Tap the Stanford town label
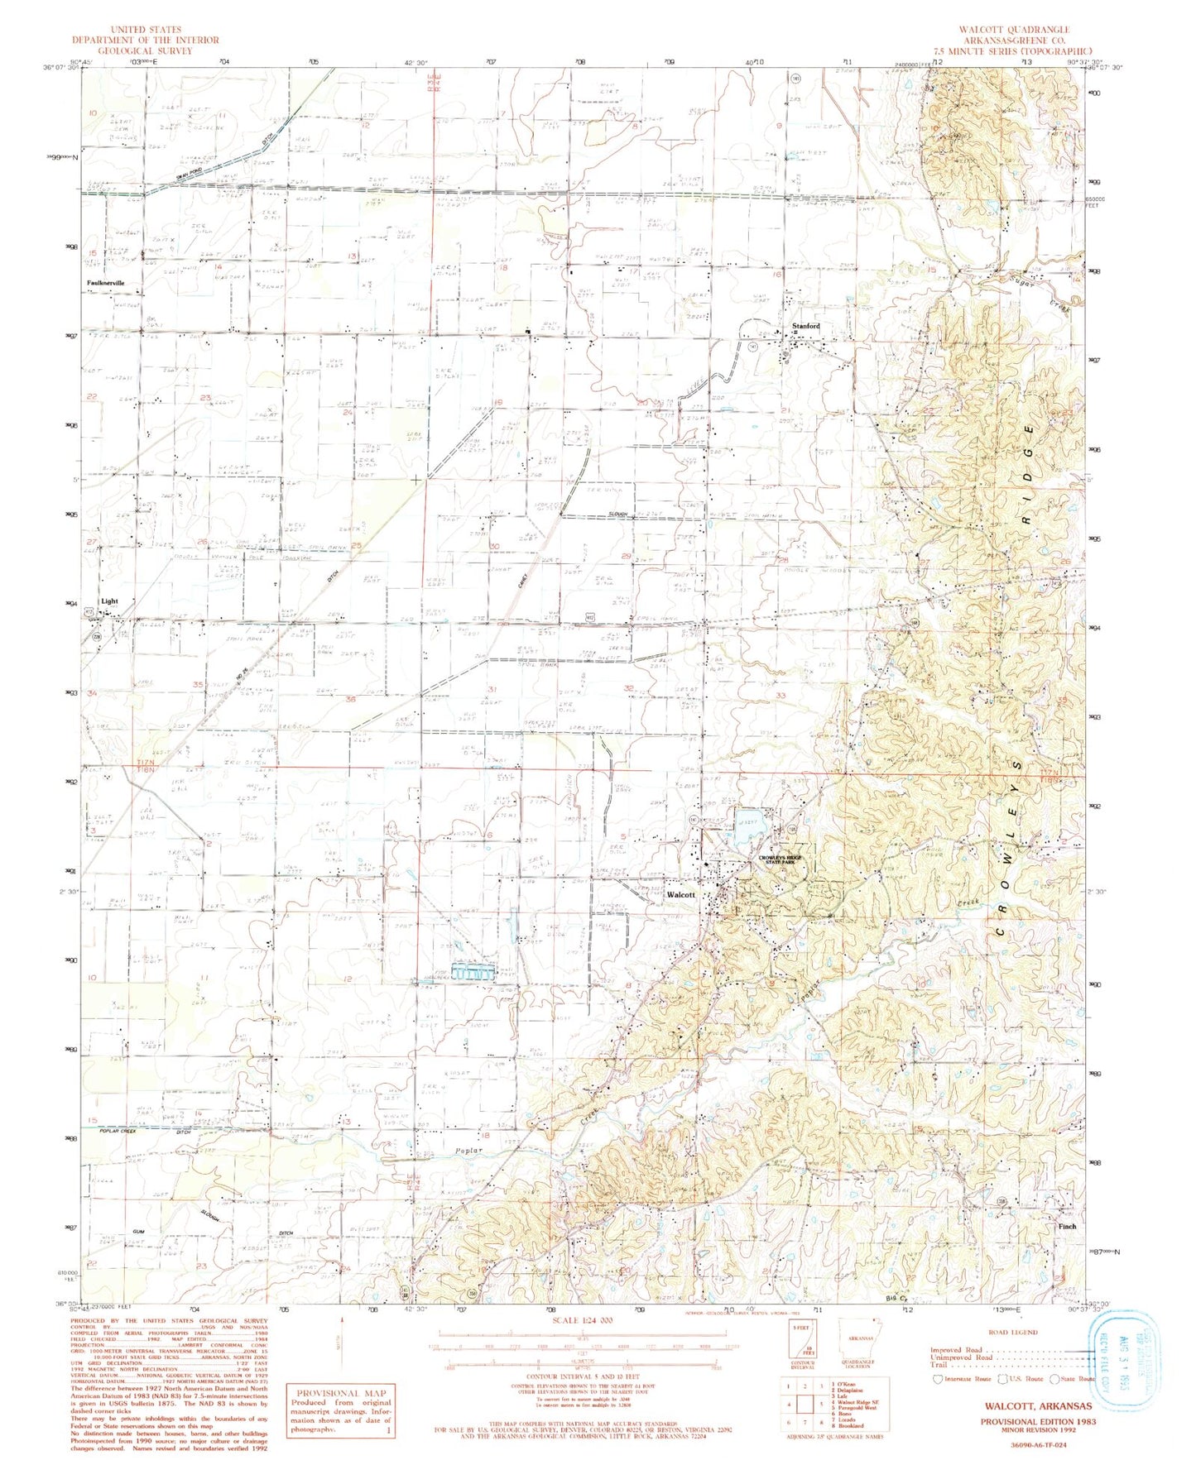(x=805, y=326)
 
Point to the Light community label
(x=109, y=601)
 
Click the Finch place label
(x=1068, y=1227)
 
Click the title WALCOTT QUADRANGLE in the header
(x=1014, y=30)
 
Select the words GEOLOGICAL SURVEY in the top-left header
(x=145, y=50)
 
